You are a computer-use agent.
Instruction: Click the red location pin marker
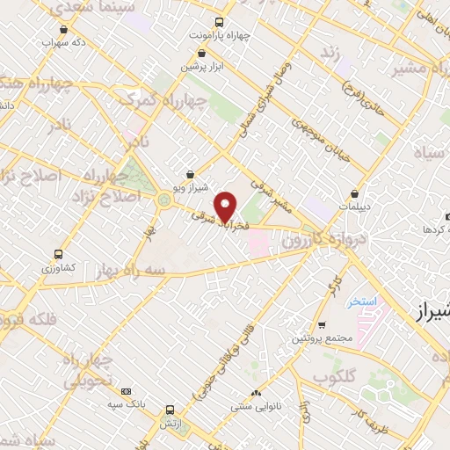click(x=226, y=207)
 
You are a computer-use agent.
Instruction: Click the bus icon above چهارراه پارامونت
click(x=219, y=24)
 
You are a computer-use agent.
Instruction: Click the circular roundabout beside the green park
click(x=163, y=200)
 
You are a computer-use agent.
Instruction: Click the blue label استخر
click(x=360, y=301)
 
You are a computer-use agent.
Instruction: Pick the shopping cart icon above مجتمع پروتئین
click(x=322, y=324)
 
